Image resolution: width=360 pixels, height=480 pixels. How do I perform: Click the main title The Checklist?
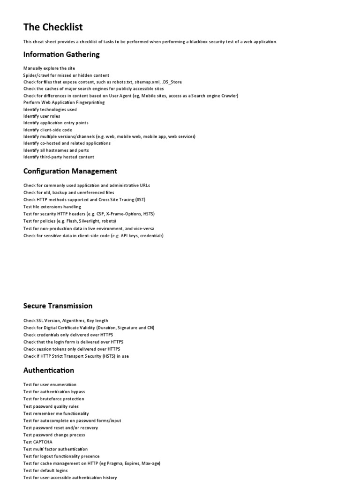pos(53,27)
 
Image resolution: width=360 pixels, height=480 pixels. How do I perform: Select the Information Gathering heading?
pos(61,54)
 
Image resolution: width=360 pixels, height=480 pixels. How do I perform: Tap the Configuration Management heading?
pos(70,171)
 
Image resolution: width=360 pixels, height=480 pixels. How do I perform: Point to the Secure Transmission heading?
pos(58,306)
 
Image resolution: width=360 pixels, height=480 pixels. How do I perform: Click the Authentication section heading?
pos(49,370)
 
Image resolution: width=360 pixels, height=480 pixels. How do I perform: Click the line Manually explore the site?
pos(49,68)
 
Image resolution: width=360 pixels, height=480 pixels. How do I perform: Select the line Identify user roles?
pos(42,116)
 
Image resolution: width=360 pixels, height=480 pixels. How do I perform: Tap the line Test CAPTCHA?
pos(38,442)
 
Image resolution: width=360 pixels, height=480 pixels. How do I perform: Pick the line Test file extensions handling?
pos(52,207)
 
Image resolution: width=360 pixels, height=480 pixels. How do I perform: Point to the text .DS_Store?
pos(172,82)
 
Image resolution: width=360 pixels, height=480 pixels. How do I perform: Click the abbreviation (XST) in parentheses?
pos(140,200)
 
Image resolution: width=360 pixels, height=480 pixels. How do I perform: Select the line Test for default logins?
pos(45,471)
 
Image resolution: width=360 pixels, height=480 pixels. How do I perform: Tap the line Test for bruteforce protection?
pos(54,399)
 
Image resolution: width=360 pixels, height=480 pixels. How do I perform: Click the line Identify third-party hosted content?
pos(59,157)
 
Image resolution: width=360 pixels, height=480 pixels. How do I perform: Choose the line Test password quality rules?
pos(51,406)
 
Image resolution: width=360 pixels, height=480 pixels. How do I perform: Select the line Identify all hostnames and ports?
pos(56,150)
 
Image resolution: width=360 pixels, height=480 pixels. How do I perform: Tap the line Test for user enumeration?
pos(50,385)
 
